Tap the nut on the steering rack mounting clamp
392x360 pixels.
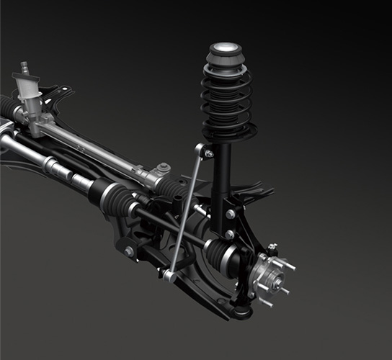coord(164,168)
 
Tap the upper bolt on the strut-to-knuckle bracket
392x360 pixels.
coord(230,214)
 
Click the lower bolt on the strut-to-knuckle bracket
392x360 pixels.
coord(229,234)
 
